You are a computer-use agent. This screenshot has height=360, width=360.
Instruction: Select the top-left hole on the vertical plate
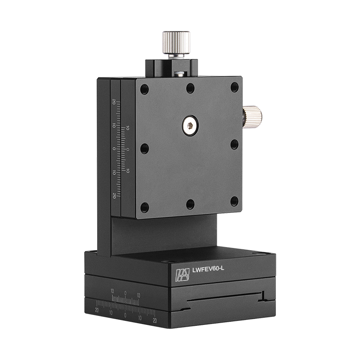pyautogui.click(x=144, y=90)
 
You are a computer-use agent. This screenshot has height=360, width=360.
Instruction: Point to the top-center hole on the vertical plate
pyautogui.click(x=190, y=88)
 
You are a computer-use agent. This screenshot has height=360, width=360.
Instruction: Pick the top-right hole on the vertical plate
pyautogui.click(x=234, y=87)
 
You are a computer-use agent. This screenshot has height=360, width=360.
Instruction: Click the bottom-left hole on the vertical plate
pyautogui.click(x=144, y=207)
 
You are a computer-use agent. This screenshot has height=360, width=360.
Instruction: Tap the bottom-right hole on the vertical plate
pyautogui.click(x=234, y=201)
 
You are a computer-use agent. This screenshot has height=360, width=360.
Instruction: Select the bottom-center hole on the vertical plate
pyautogui.click(x=190, y=204)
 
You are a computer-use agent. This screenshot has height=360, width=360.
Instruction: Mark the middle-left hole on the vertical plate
pyautogui.click(x=144, y=148)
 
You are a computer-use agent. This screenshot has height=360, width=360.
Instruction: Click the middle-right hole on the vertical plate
pyautogui.click(x=234, y=144)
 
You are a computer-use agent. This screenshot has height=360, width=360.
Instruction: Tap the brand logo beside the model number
pyautogui.click(x=182, y=275)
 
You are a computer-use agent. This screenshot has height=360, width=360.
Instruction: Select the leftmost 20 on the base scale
pyautogui.click(x=97, y=310)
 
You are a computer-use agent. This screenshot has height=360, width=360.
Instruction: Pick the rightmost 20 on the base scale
pyautogui.click(x=154, y=320)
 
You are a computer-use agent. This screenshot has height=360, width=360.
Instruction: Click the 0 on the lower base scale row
pyautogui.click(x=125, y=315)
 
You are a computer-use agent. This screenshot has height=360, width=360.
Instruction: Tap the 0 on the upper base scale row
pyautogui.click(x=125, y=293)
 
